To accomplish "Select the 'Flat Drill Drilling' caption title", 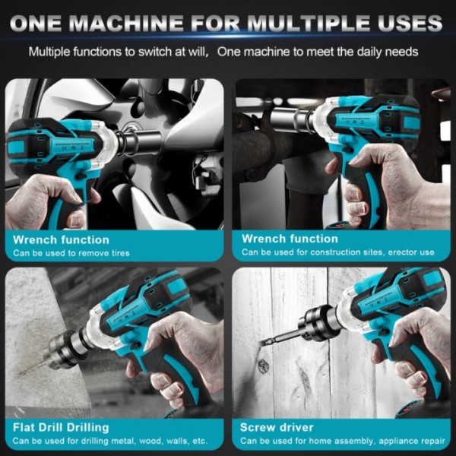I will [61, 427].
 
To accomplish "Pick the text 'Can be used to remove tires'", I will [71, 253].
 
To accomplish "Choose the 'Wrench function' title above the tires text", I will [62, 239].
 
